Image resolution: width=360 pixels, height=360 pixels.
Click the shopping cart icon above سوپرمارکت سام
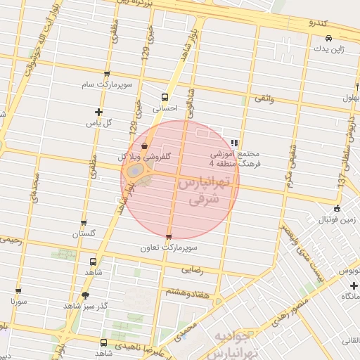click(x=106, y=73)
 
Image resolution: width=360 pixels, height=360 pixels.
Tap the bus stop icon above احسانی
click(x=165, y=98)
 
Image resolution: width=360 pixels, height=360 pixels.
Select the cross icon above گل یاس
click(x=98, y=112)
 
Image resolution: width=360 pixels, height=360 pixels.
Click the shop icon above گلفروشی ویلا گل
click(x=144, y=146)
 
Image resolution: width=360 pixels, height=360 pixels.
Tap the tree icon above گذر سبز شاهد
click(x=86, y=295)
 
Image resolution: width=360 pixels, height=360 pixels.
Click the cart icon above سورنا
click(x=18, y=290)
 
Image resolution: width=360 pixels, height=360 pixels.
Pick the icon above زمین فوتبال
click(x=337, y=208)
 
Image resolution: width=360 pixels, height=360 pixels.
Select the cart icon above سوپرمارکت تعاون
click(x=168, y=237)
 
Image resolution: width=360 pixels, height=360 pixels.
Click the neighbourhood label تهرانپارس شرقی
click(x=205, y=191)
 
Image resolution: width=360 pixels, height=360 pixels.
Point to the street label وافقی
click(x=263, y=99)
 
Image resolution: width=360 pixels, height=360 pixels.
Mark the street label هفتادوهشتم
click(x=187, y=290)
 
